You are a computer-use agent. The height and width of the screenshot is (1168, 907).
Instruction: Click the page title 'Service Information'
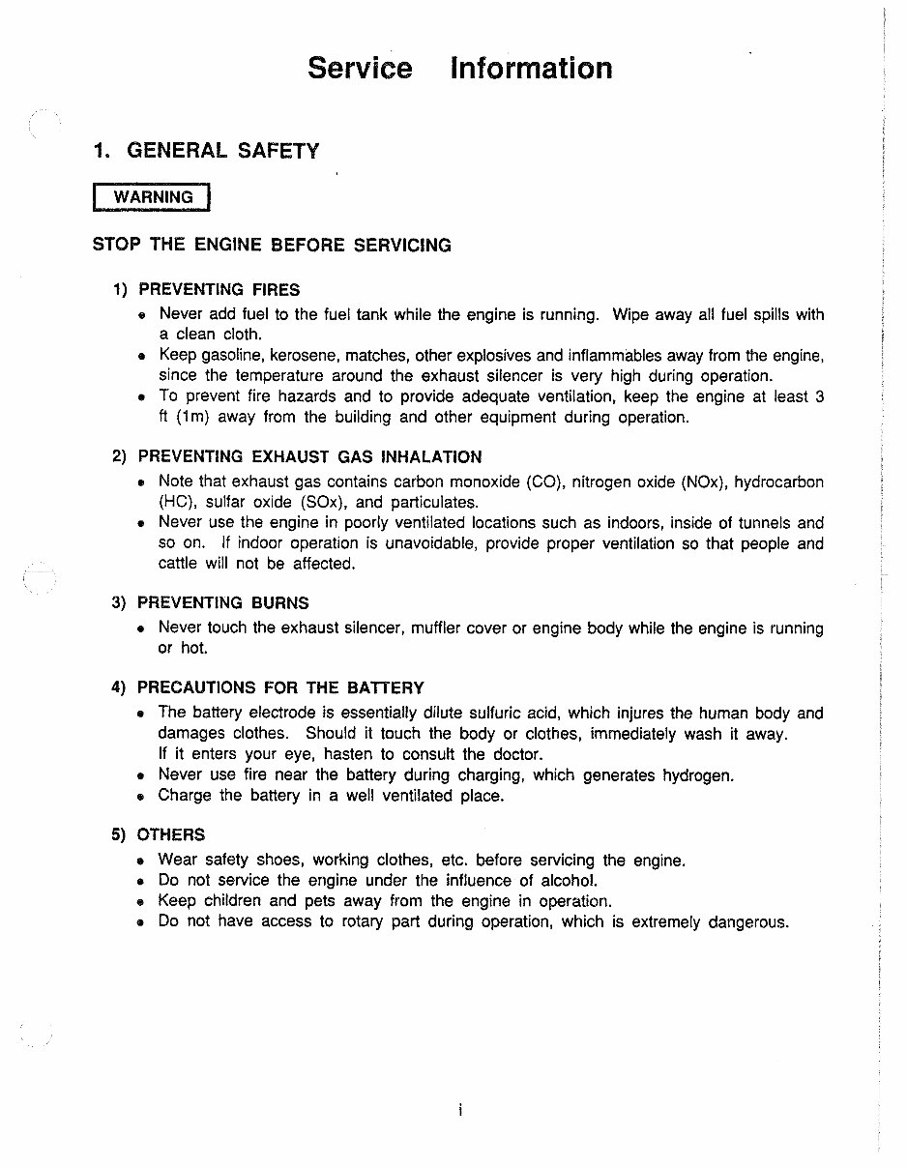459,69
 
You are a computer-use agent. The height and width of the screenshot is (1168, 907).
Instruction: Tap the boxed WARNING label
152,197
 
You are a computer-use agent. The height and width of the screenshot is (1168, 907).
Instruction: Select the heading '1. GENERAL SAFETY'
205,151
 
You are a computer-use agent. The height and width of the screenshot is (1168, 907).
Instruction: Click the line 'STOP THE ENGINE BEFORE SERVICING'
272,246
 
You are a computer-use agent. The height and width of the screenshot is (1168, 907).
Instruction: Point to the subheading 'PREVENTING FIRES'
219,290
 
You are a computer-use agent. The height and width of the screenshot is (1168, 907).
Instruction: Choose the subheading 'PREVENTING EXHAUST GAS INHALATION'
309,457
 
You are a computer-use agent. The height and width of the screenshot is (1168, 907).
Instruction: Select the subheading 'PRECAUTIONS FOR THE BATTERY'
280,688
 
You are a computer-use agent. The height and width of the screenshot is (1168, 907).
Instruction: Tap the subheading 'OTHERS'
171,834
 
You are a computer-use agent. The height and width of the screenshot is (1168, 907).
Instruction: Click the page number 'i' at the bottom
460,1111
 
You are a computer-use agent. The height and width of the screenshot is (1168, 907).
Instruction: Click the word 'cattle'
179,564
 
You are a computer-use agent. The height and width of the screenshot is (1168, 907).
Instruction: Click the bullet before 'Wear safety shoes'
141,861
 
